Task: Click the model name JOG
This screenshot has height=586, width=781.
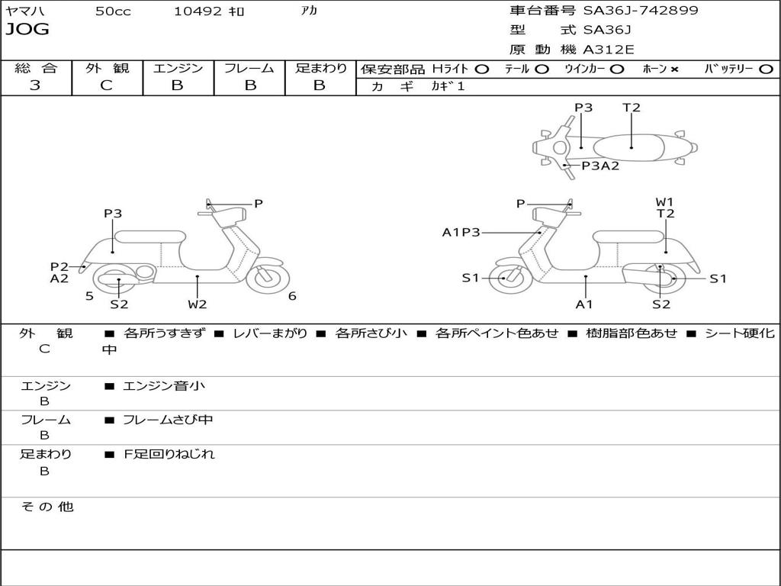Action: (x=27, y=30)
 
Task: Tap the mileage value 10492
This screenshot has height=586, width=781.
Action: (x=198, y=11)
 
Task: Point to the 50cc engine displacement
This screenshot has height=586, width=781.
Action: (x=113, y=11)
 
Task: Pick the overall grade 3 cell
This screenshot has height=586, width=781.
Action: (x=35, y=85)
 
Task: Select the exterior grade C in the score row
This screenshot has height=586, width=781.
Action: (x=106, y=85)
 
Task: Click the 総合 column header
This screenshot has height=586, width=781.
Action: (x=35, y=69)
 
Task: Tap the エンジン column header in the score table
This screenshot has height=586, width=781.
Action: (x=178, y=69)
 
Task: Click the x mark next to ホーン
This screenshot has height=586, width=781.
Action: (x=674, y=69)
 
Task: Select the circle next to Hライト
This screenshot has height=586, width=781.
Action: (x=481, y=69)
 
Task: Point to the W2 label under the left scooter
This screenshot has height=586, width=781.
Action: (x=198, y=304)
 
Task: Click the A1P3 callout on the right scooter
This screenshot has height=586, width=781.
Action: (x=461, y=232)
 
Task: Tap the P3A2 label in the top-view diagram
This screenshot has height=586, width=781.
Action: (x=600, y=166)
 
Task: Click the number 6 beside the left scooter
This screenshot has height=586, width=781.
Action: (x=292, y=296)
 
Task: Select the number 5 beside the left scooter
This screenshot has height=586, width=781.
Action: (x=89, y=296)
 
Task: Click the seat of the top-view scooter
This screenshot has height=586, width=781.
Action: (x=632, y=146)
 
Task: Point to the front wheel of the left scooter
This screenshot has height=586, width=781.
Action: (x=268, y=279)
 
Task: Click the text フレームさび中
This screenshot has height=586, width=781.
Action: (x=168, y=420)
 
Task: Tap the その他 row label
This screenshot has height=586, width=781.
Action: (x=47, y=507)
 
